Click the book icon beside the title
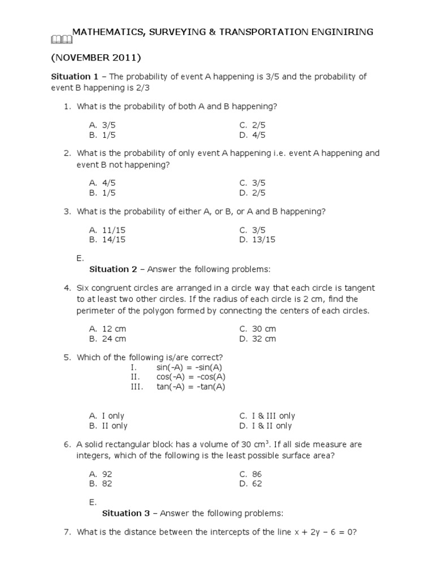coord(61,39)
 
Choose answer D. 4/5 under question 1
coord(252,135)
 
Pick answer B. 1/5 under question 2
coord(102,192)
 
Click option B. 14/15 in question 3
coord(107,239)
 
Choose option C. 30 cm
coord(258,329)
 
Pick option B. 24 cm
coord(107,339)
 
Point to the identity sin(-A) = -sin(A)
coord(190,367)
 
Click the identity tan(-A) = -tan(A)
coord(191,387)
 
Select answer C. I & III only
coord(267,416)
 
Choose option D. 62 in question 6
coord(250,484)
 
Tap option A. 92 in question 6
coord(100,474)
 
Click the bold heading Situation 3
coord(129,513)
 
